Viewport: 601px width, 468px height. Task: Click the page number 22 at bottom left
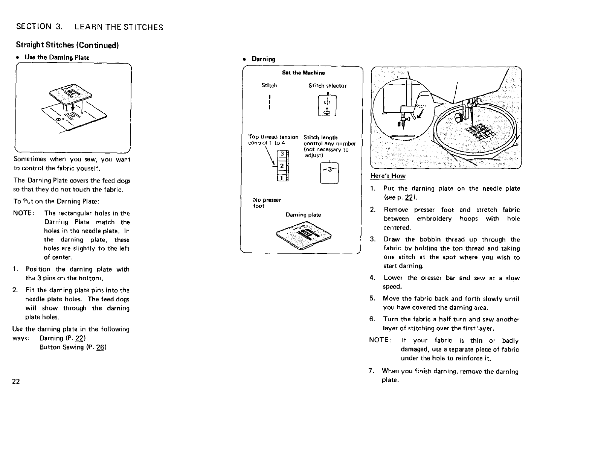pyautogui.click(x=16, y=381)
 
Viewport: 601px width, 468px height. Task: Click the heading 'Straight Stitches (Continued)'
pyautogui.click(x=67, y=45)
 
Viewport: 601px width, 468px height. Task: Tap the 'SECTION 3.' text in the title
pyautogui.click(x=39, y=27)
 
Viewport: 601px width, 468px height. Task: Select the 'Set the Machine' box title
pyautogui.click(x=304, y=73)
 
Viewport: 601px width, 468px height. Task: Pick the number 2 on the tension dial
pyautogui.click(x=281, y=166)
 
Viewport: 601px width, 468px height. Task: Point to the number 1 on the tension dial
pyautogui.click(x=281, y=178)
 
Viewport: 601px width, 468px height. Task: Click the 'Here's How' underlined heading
pyautogui.click(x=388, y=176)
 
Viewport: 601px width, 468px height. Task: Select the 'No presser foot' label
pyautogui.click(x=267, y=203)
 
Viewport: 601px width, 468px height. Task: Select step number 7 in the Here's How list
pyautogui.click(x=371, y=371)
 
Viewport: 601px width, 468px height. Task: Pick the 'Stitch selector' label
pyautogui.click(x=327, y=86)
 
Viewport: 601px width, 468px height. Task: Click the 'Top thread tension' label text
pyautogui.click(x=273, y=137)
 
